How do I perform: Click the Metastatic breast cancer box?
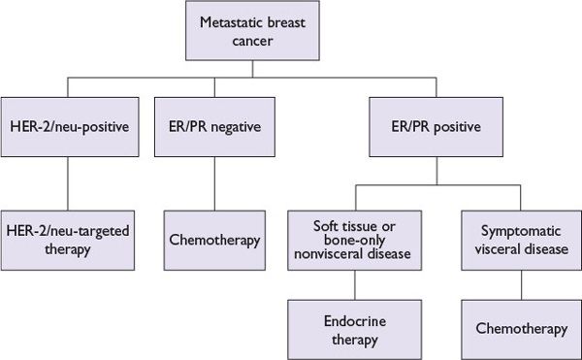[291, 31]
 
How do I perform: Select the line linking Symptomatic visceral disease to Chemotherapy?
[522, 284]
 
